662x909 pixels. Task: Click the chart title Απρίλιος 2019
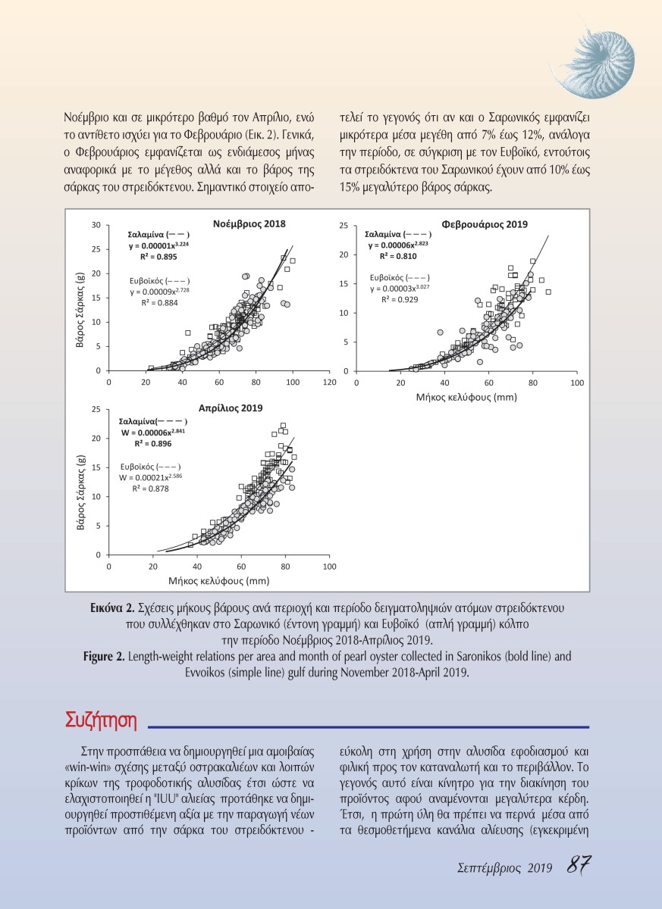point(230,408)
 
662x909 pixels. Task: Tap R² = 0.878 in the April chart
point(152,489)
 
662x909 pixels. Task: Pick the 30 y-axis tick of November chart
point(96,225)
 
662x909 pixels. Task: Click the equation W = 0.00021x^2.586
point(152,477)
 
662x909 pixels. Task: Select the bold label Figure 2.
point(104,655)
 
